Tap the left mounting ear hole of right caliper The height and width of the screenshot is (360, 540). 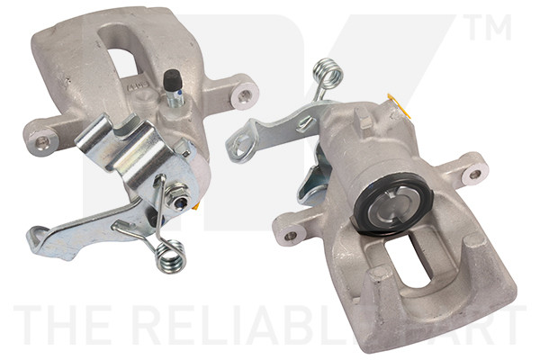[290, 236]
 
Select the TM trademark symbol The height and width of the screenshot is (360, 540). [490, 29]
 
